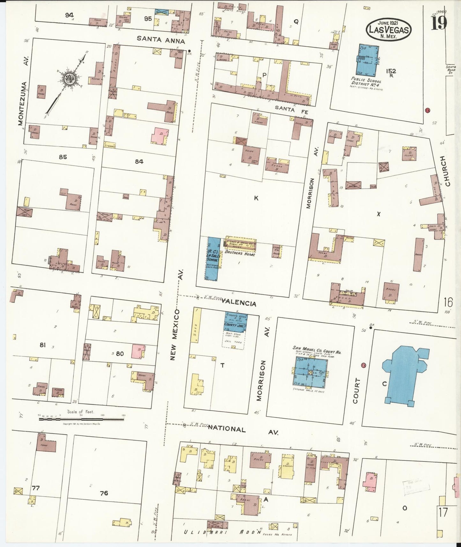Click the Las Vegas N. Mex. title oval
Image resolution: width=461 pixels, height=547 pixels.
(388, 29)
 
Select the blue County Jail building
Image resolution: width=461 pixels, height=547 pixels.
(236, 323)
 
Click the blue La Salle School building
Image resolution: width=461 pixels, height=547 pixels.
(212, 259)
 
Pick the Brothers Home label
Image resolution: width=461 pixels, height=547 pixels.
(240, 254)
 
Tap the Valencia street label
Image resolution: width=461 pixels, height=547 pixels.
(239, 302)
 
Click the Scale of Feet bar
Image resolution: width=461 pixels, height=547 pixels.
(81, 419)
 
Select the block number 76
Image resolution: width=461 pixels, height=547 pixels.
(104, 493)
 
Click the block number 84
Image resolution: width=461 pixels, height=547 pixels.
(139, 161)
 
